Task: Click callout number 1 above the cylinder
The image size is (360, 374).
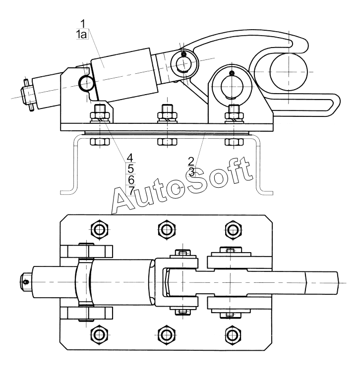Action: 83,24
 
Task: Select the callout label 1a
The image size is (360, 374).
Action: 81,35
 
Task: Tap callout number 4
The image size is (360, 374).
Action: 130,158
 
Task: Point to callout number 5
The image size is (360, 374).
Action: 130,168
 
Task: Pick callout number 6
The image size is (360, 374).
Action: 131,180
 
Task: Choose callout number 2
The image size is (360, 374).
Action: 191,161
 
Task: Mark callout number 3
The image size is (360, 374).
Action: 192,172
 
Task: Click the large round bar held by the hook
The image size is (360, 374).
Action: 289,71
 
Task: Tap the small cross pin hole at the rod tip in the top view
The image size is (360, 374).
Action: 26,282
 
